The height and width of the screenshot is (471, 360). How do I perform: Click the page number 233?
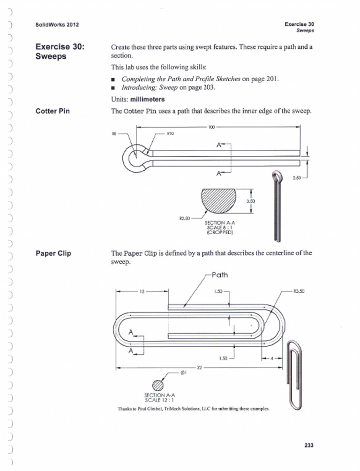(x=307, y=445)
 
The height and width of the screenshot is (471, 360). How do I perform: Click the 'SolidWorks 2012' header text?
(x=54, y=24)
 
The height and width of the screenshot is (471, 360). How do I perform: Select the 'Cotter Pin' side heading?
(x=53, y=111)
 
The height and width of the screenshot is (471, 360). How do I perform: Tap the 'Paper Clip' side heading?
(x=53, y=253)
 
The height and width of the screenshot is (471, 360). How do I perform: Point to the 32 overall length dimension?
(x=198, y=368)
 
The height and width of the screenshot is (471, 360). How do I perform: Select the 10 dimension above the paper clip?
(x=142, y=291)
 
